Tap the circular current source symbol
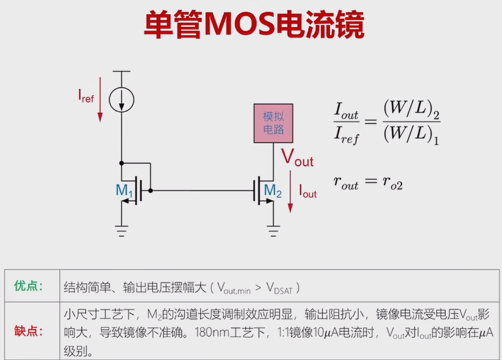click(x=120, y=98)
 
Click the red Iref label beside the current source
click(x=86, y=96)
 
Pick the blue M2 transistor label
click(x=273, y=190)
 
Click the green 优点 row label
click(x=29, y=286)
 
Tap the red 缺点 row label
click(x=29, y=331)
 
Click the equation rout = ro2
click(x=368, y=181)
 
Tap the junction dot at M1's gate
click(x=150, y=190)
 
